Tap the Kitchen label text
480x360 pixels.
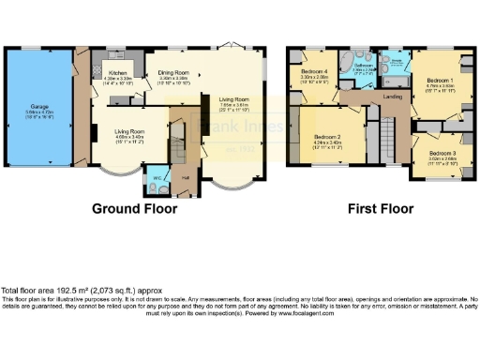point(117,71)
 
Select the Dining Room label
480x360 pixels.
point(172,71)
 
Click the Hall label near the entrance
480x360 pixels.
point(186,178)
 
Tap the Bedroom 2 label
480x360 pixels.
point(326,138)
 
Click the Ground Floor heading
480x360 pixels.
point(134,208)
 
